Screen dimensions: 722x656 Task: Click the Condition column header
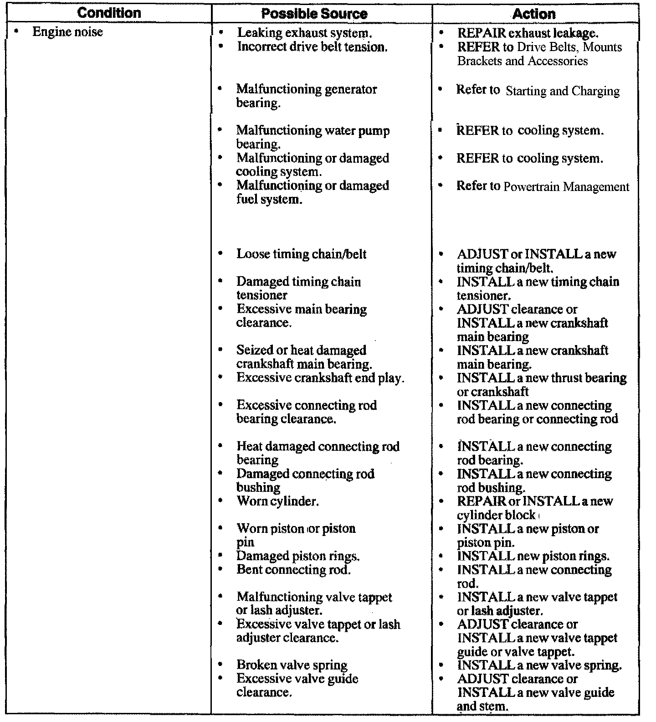[109, 13]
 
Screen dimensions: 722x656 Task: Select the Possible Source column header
[314, 14]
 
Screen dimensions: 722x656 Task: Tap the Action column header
[534, 14]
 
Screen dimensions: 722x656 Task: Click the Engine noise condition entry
[67, 32]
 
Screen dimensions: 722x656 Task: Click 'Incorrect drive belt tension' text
[312, 46]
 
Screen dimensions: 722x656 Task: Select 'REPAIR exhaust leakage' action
[528, 33]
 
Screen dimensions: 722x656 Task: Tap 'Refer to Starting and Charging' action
[538, 90]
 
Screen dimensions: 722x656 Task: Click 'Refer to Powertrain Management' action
[543, 186]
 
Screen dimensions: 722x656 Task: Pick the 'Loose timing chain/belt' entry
[301, 254]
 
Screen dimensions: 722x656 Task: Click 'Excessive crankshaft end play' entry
[320, 378]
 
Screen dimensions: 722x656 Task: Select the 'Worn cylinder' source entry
[277, 501]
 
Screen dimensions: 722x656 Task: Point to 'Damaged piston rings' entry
[298, 556]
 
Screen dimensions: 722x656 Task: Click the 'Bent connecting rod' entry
[293, 569]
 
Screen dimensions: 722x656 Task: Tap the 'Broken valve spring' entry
[292, 665]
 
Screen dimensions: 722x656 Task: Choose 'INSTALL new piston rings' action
[533, 556]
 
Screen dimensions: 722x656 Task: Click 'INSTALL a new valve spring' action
[539, 665]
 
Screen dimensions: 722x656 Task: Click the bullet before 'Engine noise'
[17, 32]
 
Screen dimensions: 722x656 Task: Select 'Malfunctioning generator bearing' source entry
[306, 96]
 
